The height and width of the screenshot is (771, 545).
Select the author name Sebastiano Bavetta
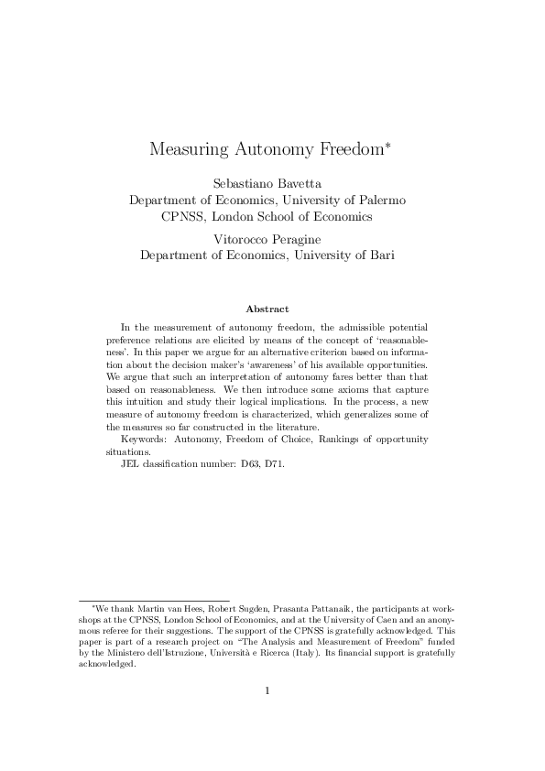[267, 182]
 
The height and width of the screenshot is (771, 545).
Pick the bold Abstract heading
[267, 309]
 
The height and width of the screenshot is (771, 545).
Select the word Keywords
[144, 440]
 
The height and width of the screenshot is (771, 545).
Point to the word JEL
[132, 464]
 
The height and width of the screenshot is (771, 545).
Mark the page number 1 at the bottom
[267, 690]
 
